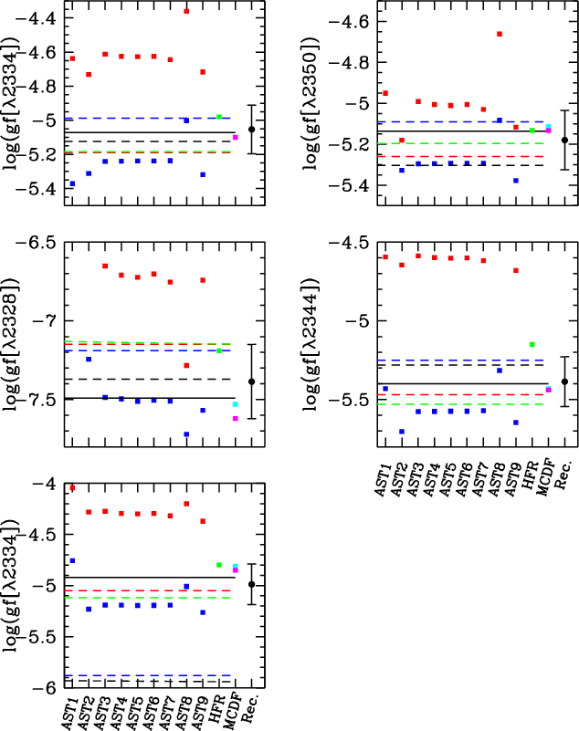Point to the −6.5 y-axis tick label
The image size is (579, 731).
pos(40,243)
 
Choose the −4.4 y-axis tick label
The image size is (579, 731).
pos(40,18)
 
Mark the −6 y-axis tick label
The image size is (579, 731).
pos(47,686)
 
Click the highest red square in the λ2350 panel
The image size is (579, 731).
pos(500,34)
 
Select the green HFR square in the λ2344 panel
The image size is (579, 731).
pos(532,344)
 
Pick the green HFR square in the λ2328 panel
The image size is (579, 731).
pos(219,350)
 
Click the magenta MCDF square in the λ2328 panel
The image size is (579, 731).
pos(236,419)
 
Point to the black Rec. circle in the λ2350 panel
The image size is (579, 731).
pos(564,140)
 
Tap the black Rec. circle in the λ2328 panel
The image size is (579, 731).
pos(251,381)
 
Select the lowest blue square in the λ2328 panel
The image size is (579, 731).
pos(186,434)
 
